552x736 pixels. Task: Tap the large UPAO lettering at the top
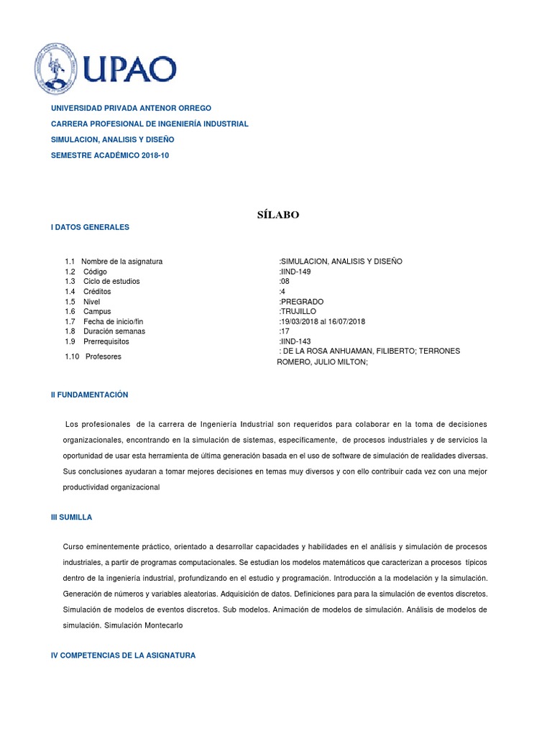pyautogui.click(x=131, y=70)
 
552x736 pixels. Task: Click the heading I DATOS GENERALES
pyautogui.click(x=90, y=227)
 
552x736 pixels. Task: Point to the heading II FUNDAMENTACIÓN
pyautogui.click(x=89, y=395)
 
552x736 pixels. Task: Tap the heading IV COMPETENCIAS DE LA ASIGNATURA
pyautogui.click(x=123, y=655)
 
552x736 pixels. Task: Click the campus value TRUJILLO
pyautogui.click(x=298, y=311)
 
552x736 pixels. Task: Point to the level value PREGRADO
pyautogui.click(x=302, y=302)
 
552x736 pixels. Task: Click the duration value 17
pyautogui.click(x=284, y=331)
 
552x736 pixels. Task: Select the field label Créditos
pyautogui.click(x=97, y=292)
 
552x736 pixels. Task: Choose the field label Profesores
pyautogui.click(x=103, y=356)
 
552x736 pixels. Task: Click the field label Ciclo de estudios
pyautogui.click(x=111, y=282)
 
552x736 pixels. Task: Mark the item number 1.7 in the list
pyautogui.click(x=70, y=321)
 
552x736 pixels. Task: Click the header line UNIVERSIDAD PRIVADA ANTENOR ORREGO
pyautogui.click(x=131, y=108)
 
